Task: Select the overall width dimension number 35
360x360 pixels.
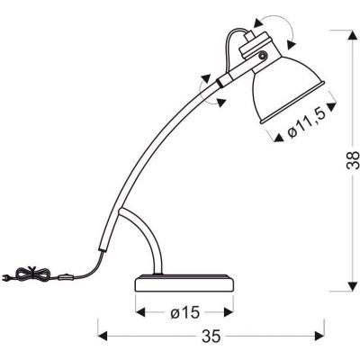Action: pos(213,337)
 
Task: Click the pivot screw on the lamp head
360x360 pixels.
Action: pos(262,57)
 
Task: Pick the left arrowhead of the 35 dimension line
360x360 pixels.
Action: pos(102,337)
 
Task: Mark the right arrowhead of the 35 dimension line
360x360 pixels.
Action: pos(320,337)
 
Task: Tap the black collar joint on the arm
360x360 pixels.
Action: pos(221,83)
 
